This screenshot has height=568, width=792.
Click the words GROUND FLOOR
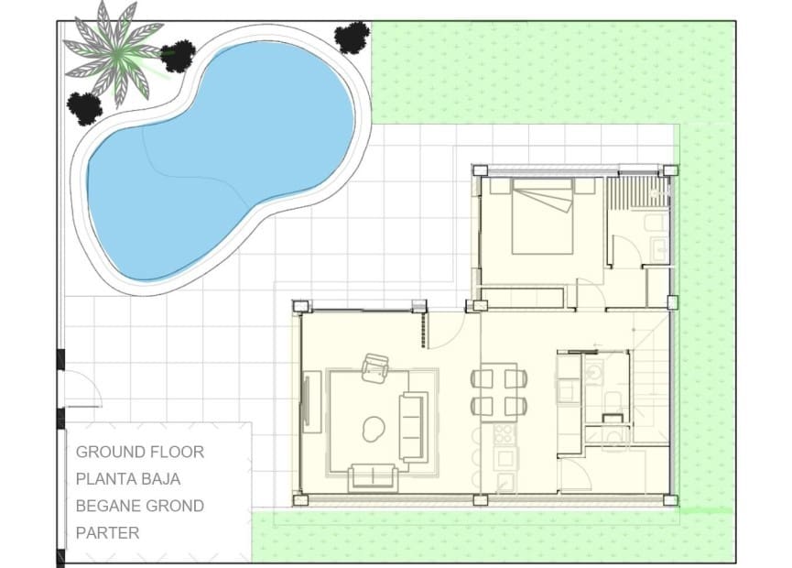(139, 452)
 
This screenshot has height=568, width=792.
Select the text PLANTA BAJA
(127, 478)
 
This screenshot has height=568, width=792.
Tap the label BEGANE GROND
(139, 506)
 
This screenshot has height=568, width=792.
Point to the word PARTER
(107, 532)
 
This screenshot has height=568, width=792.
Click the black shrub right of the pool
(352, 38)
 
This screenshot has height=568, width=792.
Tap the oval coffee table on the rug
(374, 426)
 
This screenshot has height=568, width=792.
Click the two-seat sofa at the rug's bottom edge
(373, 476)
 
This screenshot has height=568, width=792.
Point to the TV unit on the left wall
(310, 400)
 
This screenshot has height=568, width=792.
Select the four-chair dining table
(499, 391)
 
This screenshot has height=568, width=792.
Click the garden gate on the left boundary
(81, 389)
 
